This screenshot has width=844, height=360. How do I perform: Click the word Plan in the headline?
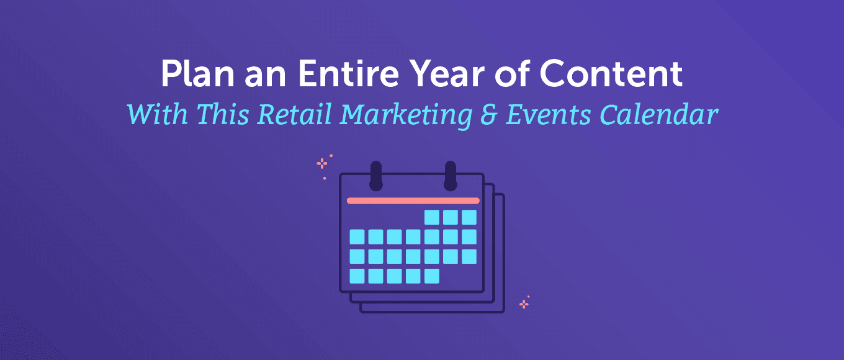[x=198, y=73]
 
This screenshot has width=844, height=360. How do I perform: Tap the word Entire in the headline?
[x=348, y=73]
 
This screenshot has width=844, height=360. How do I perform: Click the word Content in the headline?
[x=611, y=73]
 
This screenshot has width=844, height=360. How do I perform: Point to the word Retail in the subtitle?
[x=294, y=114]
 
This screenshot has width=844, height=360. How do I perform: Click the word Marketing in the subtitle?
[x=406, y=115]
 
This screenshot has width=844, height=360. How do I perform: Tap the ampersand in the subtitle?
[x=489, y=115]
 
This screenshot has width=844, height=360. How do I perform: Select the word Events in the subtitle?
[x=548, y=115]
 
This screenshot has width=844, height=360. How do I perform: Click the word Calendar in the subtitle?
[x=658, y=115]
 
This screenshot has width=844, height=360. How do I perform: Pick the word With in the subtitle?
[x=158, y=114]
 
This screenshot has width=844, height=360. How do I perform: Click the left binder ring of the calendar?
[x=376, y=176]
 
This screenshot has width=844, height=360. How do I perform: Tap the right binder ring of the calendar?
[x=451, y=176]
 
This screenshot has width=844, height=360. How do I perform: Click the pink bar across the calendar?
[x=413, y=200]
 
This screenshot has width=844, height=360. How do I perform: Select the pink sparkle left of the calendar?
[x=321, y=164]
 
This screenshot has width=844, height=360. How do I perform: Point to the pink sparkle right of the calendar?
[x=524, y=304]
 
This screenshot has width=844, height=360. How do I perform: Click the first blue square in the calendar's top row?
[x=432, y=217]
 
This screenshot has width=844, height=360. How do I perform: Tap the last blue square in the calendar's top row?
[x=469, y=217]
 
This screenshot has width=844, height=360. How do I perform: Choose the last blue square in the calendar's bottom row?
[x=432, y=276]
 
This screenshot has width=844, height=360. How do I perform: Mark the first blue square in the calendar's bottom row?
[x=357, y=276]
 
